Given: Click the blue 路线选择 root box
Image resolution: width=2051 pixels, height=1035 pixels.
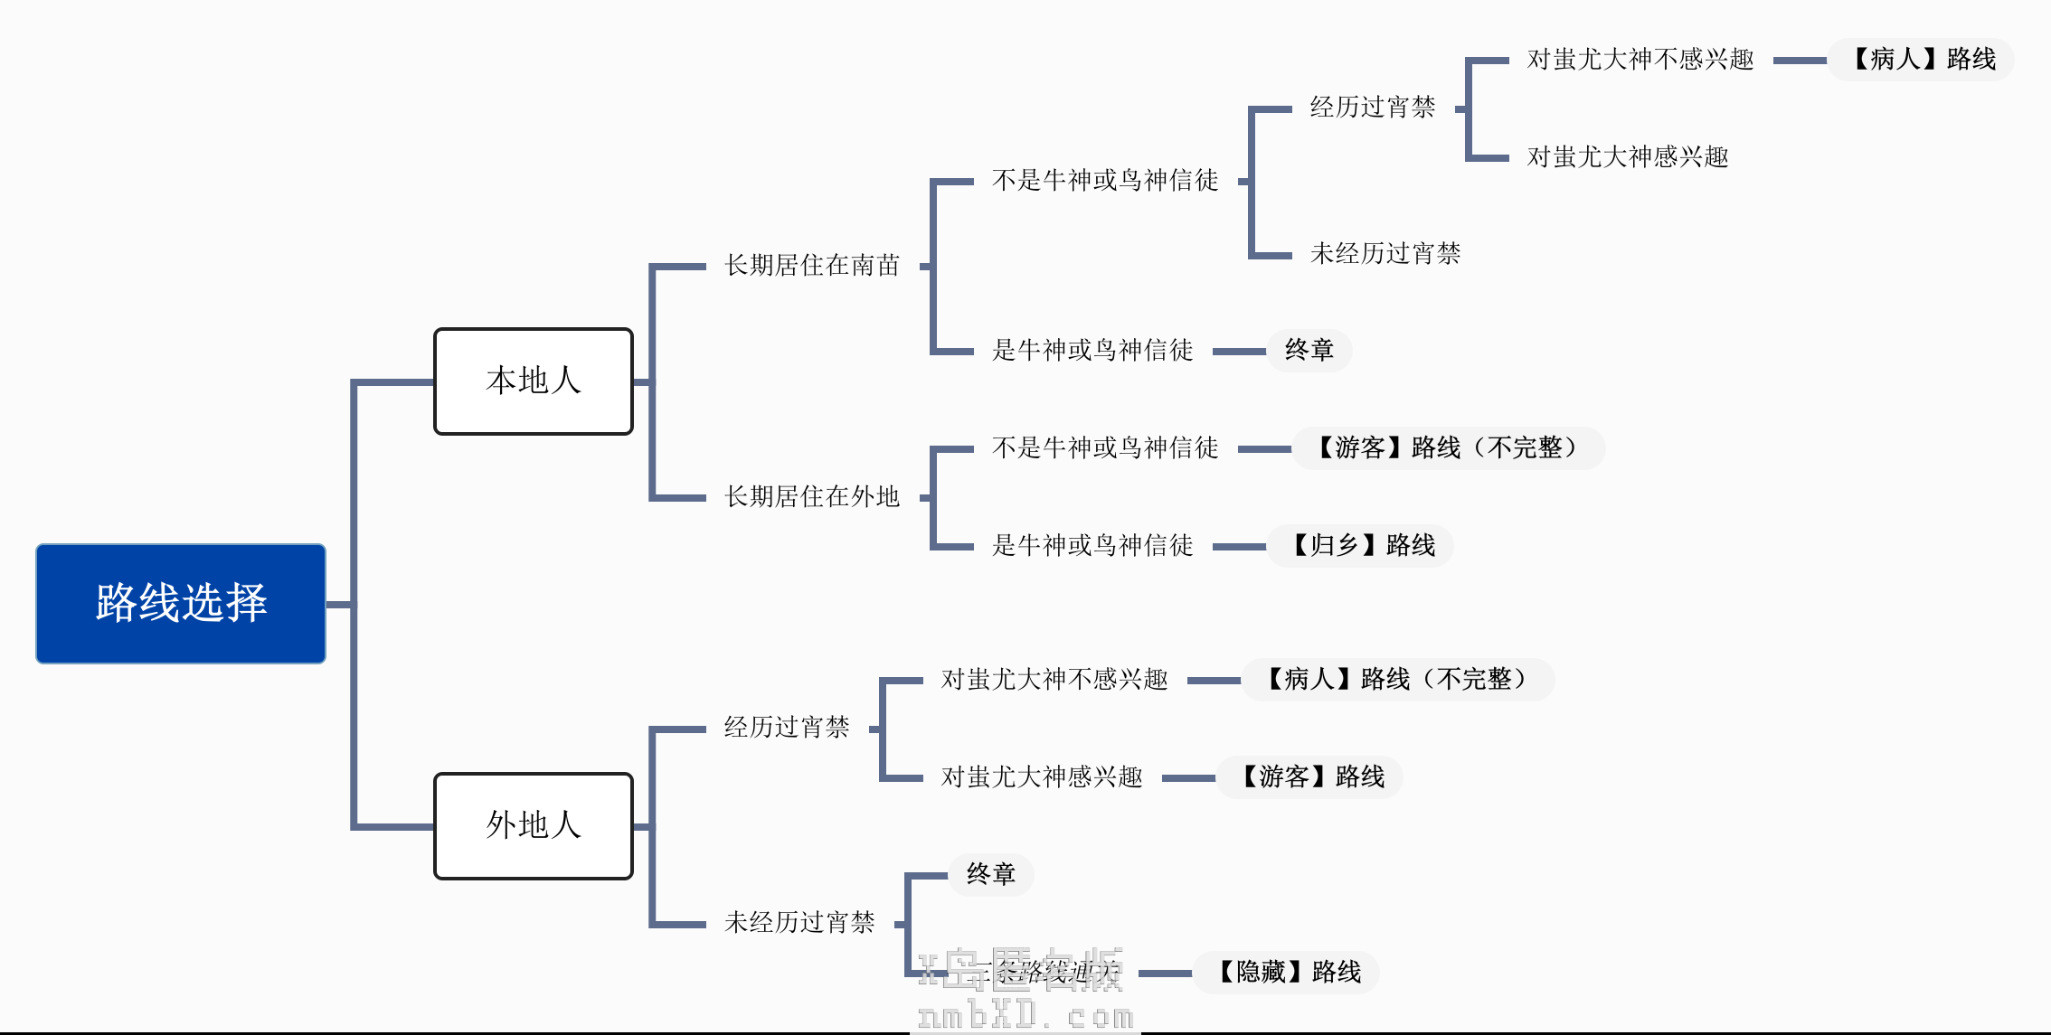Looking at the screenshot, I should click(181, 603).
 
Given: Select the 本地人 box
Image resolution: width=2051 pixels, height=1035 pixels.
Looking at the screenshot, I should click(533, 381).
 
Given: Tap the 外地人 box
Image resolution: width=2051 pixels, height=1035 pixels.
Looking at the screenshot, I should click(533, 825).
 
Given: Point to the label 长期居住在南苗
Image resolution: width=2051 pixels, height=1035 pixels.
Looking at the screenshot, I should click(812, 265).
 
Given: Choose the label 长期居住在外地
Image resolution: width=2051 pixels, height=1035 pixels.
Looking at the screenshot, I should click(812, 496).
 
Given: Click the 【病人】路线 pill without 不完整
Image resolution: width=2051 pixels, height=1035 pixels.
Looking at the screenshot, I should click(1922, 60).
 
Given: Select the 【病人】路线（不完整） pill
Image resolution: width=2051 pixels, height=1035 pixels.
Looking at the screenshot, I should click(1397, 679).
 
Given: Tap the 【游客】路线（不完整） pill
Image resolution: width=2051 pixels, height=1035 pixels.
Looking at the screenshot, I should click(1448, 447).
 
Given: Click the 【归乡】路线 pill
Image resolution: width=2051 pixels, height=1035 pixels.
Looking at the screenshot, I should click(1360, 545).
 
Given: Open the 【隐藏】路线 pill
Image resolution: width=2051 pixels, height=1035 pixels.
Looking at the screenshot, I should click(1286, 972).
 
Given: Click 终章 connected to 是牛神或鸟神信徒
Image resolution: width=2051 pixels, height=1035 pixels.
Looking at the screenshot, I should click(1309, 350).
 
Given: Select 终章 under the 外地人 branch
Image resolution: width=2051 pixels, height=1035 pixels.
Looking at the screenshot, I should click(990, 874).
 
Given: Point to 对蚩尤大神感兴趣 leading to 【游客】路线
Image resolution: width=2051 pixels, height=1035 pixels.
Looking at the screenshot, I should click(1042, 776).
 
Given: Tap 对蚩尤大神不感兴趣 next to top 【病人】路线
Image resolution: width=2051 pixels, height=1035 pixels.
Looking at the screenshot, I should click(1640, 60).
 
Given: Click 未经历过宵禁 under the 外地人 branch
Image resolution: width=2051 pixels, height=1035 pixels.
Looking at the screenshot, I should click(799, 922).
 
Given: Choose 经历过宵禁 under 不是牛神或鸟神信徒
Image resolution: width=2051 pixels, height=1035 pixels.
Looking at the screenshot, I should click(1373, 108).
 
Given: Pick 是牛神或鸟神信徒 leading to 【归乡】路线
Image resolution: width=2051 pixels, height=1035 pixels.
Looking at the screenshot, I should click(1092, 545).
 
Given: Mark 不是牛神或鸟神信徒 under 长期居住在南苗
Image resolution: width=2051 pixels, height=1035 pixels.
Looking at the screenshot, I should click(1105, 181).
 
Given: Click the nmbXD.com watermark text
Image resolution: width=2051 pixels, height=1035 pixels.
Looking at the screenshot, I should click(1025, 1016).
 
